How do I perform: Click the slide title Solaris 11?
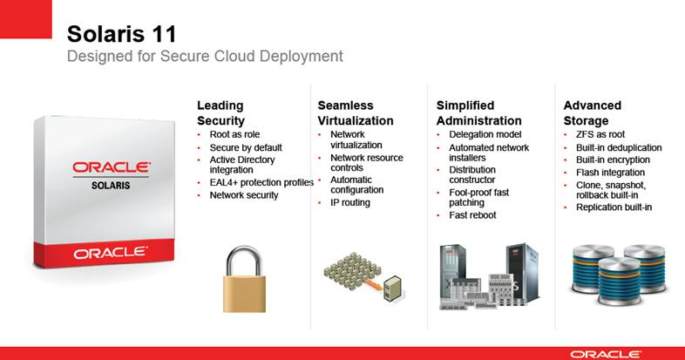coord(121,34)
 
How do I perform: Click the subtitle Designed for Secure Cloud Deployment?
coord(205,57)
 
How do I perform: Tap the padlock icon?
coord(244,279)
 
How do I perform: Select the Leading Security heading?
coord(220,113)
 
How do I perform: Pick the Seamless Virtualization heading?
coord(356,113)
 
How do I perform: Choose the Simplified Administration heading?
coord(478,113)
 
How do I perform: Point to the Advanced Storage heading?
coord(593,113)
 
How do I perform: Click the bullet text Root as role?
coord(234,134)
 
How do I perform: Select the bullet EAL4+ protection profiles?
coord(261,182)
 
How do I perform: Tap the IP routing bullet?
coord(350,203)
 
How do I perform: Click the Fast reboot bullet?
coord(472,215)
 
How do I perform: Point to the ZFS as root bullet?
coord(600,134)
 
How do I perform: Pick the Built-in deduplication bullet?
coord(619,147)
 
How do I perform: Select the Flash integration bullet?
coord(610,173)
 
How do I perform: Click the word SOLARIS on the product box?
coord(111,186)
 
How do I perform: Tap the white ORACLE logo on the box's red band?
coord(111,253)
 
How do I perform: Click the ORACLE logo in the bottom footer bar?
coord(606,354)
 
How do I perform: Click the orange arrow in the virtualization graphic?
coord(372,283)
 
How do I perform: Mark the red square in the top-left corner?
coord(26,19)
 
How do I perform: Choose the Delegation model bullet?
coord(485,134)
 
